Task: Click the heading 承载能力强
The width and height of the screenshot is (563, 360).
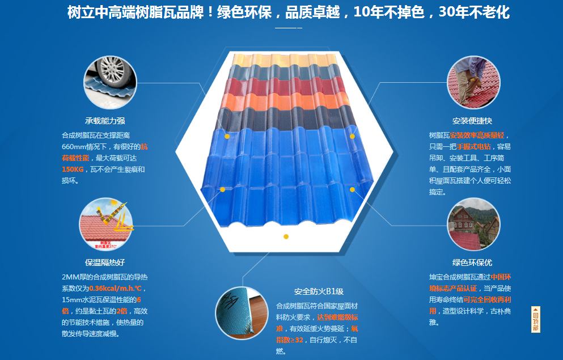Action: (105, 121)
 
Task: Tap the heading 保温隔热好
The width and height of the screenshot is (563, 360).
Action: (105, 262)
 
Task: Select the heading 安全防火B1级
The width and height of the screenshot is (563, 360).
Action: (319, 291)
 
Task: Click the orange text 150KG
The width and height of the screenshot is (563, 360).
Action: (73, 170)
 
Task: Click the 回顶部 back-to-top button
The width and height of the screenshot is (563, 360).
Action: (535, 320)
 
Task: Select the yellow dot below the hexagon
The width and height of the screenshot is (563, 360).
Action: (286, 236)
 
